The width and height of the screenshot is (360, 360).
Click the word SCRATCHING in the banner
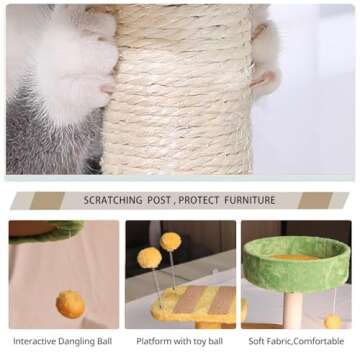118,200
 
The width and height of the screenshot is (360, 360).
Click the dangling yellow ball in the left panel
69,303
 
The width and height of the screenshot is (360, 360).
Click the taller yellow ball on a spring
171,240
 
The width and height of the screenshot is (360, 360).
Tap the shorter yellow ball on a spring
150,258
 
